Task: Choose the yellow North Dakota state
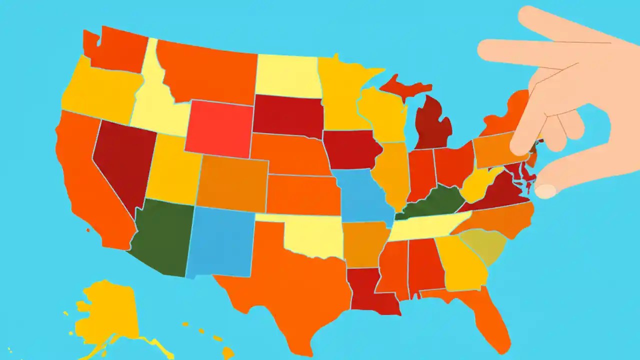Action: click(x=287, y=75)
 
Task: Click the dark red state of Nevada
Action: click(x=122, y=160)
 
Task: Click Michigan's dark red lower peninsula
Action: click(x=432, y=125)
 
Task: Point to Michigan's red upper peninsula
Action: click(x=402, y=85)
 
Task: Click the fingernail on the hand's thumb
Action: click(x=545, y=190)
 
